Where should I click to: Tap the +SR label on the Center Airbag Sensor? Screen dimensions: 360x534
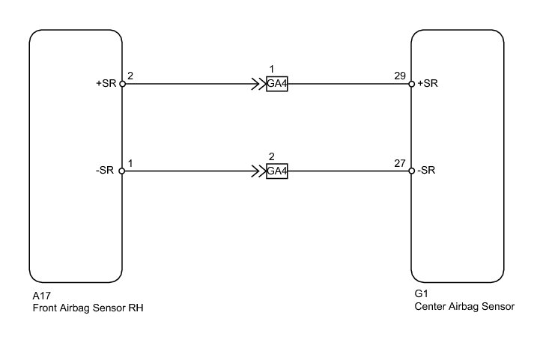(428, 84)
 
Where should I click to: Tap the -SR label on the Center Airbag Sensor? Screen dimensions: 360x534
(427, 171)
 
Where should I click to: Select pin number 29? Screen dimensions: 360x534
(401, 76)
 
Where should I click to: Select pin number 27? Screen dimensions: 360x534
(401, 162)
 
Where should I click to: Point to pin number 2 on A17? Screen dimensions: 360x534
(130, 76)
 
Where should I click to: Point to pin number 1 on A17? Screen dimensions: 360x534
(130, 162)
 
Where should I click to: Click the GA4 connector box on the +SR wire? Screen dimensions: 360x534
(277, 84)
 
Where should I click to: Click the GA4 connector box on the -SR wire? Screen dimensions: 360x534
(277, 171)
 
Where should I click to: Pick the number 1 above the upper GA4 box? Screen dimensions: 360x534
(273, 70)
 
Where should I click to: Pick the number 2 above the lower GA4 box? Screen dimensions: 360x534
(273, 157)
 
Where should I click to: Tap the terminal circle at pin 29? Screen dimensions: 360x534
(411, 84)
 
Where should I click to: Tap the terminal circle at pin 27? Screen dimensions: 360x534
(411, 171)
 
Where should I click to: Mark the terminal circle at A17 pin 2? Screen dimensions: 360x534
(122, 84)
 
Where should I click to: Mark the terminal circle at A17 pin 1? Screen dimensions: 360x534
(122, 171)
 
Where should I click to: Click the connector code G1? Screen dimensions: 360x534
(420, 295)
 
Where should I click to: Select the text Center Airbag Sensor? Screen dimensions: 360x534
(464, 306)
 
